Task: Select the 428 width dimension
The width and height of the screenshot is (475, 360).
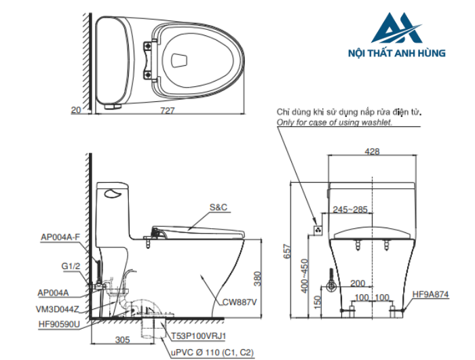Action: pos(371,152)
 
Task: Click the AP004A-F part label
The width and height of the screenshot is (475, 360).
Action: pos(60,237)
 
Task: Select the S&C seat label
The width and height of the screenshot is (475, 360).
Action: pos(218,206)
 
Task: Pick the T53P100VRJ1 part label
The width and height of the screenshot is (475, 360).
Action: pos(199,336)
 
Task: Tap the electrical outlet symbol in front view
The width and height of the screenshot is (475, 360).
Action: pos(317,230)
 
